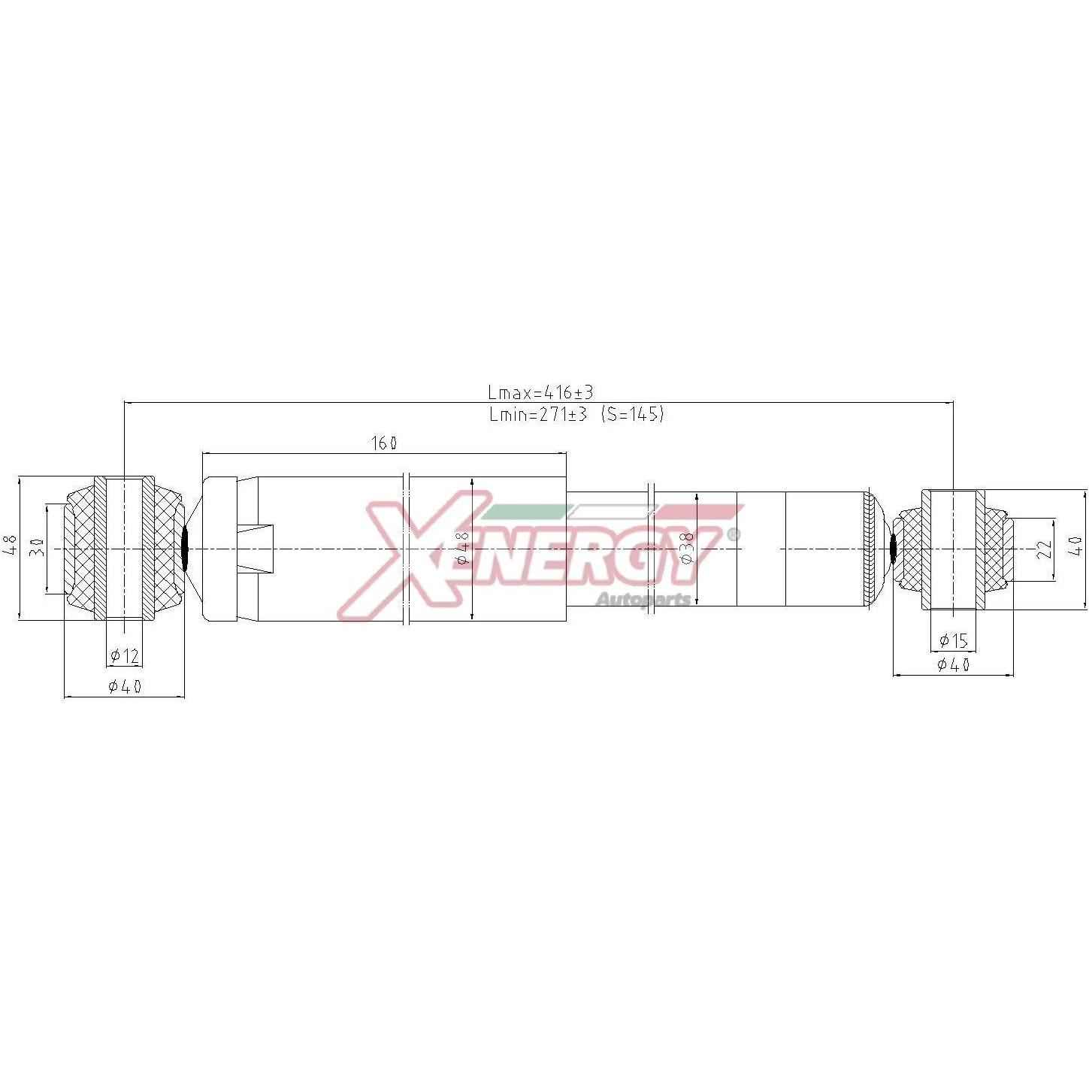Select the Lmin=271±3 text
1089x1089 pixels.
(x=539, y=415)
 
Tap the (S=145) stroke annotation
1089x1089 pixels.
(x=633, y=415)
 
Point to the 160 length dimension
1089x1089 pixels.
(x=384, y=443)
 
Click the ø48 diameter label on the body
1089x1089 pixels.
(x=462, y=548)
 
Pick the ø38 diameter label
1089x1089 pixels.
(x=687, y=548)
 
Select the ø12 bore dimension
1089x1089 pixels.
(x=124, y=655)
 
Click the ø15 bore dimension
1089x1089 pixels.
(x=954, y=640)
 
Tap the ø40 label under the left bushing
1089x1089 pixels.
(x=125, y=687)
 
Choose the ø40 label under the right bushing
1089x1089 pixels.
(x=954, y=664)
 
